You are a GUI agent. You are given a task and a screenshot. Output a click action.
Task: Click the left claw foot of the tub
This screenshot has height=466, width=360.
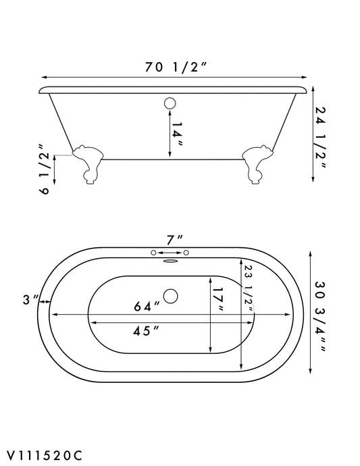click(88, 162)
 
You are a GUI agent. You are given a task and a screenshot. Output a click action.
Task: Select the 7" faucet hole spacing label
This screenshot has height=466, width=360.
click(175, 240)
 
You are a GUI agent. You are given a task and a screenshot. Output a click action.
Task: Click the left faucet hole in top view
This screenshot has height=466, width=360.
click(155, 253)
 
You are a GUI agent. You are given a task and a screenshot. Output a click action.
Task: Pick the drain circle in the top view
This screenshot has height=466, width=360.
click(170, 296)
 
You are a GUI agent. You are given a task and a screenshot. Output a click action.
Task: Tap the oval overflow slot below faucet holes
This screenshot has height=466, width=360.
click(170, 257)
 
